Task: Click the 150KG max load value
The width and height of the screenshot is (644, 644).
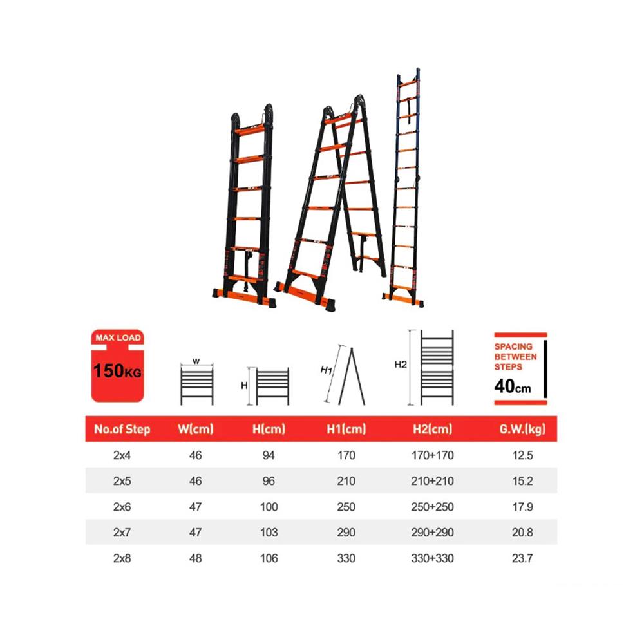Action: point(117,371)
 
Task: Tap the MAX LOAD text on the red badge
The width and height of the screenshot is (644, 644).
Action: point(118,337)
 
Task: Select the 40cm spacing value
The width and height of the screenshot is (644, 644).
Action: point(513,386)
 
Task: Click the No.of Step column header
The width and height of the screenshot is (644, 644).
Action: point(122,429)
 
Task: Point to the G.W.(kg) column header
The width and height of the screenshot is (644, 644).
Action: point(522,429)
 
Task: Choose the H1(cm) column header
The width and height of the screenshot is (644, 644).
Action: point(346,429)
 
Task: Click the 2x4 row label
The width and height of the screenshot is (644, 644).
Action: point(122,455)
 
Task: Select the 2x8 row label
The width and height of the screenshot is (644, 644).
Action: point(122,558)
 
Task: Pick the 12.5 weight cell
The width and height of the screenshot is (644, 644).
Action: point(522,455)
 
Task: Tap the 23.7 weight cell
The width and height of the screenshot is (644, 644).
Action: point(522,558)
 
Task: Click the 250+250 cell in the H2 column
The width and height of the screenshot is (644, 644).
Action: point(433,507)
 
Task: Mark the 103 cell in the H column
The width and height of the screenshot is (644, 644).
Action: point(269,533)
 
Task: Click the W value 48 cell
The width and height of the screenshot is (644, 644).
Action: point(196,558)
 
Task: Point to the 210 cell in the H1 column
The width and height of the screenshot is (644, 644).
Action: point(346,481)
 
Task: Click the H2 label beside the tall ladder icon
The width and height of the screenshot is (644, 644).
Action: point(401,365)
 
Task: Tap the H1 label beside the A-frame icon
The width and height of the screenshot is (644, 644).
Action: point(327,370)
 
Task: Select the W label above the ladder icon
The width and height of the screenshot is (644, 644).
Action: point(196,361)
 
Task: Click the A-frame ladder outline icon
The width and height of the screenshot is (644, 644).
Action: point(352,376)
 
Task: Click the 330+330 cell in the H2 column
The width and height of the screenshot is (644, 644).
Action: point(433,558)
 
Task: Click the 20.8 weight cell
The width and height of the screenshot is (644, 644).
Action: point(522,533)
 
